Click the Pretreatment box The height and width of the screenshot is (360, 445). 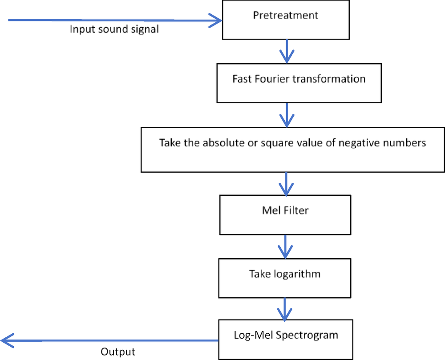tap(286, 20)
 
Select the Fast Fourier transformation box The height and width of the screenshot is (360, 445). tap(299, 83)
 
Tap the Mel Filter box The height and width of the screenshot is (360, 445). tap(285, 214)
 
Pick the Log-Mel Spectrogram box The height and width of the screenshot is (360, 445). tap(286, 339)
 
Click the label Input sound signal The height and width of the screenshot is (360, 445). tap(114, 30)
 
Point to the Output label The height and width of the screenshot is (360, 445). tap(118, 352)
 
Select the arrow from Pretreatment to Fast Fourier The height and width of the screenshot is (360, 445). tap(286, 51)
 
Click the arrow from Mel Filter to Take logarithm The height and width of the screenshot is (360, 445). tap(285, 246)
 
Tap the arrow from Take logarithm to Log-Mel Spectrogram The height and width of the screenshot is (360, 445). tap(285, 308)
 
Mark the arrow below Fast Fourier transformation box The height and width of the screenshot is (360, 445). tap(286, 115)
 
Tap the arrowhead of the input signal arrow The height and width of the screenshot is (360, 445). tap(215, 20)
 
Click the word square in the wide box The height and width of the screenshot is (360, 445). tap(264, 143)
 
